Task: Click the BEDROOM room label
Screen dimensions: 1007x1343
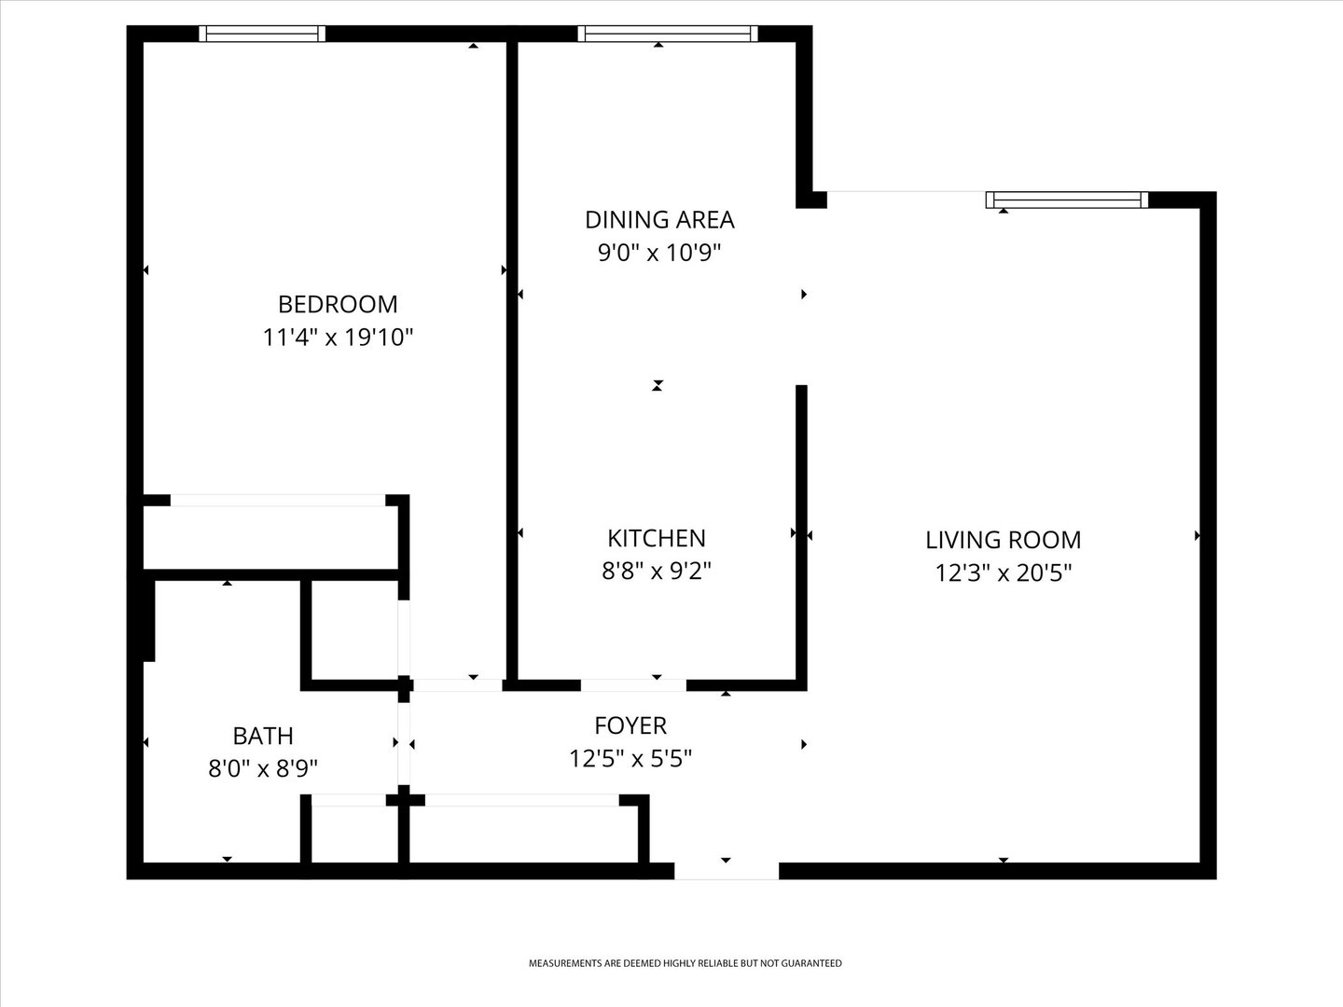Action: click(338, 304)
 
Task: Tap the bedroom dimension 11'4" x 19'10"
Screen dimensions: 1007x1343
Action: click(338, 337)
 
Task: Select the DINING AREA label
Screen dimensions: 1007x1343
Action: click(659, 219)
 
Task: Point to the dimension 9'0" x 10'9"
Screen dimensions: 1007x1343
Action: click(659, 252)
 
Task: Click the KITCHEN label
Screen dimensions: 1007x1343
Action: click(657, 538)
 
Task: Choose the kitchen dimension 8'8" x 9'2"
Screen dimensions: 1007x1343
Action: click(657, 571)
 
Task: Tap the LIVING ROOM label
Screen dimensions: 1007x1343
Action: click(1003, 540)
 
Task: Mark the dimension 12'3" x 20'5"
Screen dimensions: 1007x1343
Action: click(1003, 572)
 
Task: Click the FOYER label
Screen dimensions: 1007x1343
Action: click(630, 725)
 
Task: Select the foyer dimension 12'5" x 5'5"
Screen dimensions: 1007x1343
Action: click(630, 758)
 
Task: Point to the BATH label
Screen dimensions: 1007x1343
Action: click(263, 736)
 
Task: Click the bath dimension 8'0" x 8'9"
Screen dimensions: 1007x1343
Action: click(263, 768)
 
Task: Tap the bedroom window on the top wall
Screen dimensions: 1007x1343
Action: click(263, 34)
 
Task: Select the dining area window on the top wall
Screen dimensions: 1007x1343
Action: click(665, 34)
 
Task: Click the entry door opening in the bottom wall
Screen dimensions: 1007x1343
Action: click(726, 871)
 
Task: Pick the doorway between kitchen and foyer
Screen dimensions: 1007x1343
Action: click(633, 685)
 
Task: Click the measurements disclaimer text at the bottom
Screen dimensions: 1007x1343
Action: click(685, 963)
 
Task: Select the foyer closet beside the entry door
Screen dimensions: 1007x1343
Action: click(523, 833)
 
